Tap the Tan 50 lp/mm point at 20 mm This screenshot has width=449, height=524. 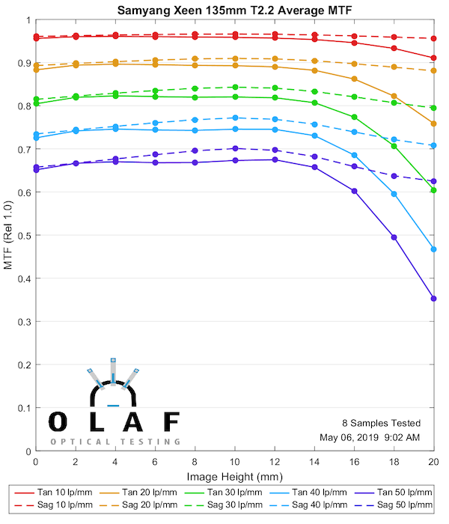[434, 299]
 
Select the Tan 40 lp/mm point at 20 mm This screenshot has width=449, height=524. [434, 249]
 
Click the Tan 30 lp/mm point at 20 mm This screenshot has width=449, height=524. [434, 190]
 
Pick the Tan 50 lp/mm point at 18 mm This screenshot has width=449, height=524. [394, 237]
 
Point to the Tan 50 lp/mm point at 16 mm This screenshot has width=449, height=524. [355, 191]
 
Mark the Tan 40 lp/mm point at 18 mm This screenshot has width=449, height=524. [394, 194]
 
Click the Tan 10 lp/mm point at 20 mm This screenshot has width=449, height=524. [434, 58]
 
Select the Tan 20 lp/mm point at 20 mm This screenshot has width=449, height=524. [434, 124]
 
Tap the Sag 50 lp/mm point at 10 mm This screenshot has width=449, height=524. [235, 148]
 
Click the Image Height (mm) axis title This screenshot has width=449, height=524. [234, 477]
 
